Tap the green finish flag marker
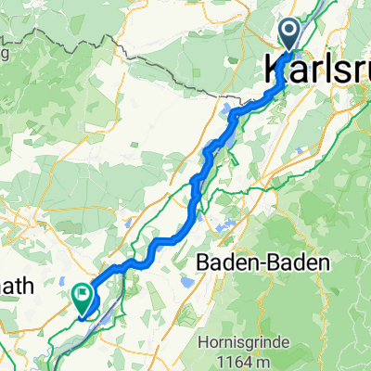82,298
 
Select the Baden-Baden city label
263,263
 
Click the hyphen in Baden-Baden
263,264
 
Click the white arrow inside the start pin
288,34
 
